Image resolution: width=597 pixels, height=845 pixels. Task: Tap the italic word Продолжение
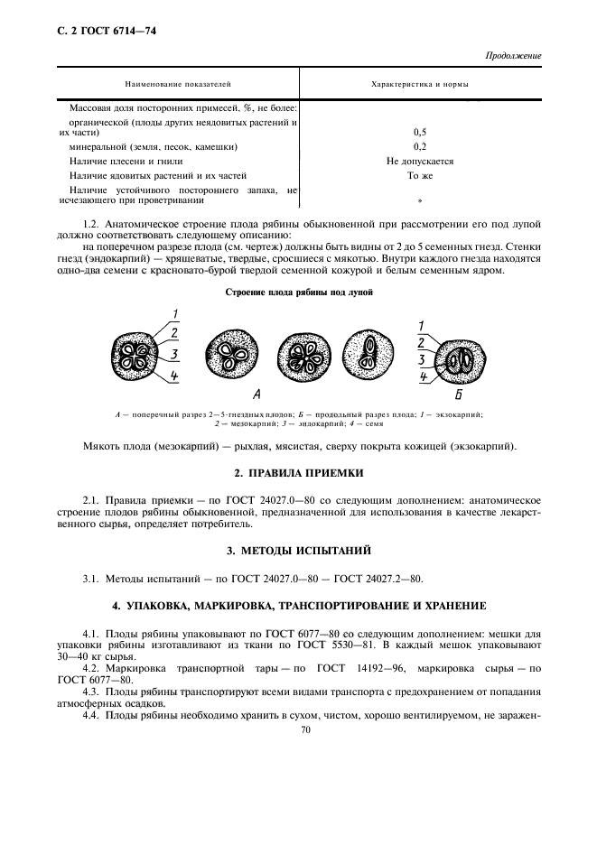(513, 56)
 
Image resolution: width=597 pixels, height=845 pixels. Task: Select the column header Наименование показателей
(178, 83)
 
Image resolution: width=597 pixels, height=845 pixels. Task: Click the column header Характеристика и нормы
(420, 83)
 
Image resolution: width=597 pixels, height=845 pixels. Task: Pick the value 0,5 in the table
(420, 132)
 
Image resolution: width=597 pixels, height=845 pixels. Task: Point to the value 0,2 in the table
(420, 146)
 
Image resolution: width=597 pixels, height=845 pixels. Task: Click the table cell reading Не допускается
(420, 162)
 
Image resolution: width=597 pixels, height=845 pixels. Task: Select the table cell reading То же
(420, 176)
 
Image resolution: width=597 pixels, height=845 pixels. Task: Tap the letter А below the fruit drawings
(257, 395)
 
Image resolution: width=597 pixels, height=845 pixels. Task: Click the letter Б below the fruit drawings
(459, 395)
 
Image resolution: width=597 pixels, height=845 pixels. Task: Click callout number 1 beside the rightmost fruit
(421, 325)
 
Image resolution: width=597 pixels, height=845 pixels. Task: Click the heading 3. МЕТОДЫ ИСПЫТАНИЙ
(299, 550)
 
